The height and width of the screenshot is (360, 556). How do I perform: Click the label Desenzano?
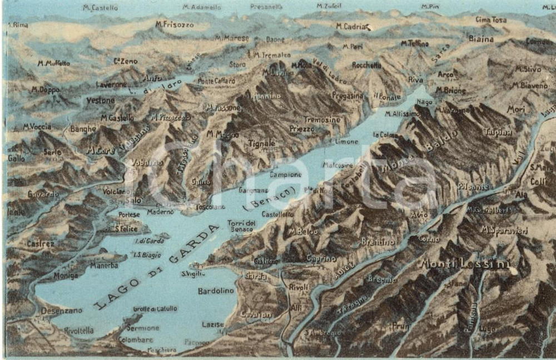[61, 311]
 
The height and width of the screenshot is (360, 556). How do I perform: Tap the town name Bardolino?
[216, 291]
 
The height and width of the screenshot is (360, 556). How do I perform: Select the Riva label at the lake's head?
[415, 79]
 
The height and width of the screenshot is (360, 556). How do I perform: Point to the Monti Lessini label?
[465, 264]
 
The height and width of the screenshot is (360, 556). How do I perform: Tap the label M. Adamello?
[202, 7]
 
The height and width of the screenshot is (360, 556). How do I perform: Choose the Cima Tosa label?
[491, 19]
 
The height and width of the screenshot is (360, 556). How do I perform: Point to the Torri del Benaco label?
[241, 225]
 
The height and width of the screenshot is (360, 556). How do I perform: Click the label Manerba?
[103, 265]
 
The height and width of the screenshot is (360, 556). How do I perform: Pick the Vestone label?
[101, 101]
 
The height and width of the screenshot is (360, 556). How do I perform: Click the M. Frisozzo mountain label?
[175, 24]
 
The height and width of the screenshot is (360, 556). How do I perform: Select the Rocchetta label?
[366, 65]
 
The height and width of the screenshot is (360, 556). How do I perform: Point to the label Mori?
[515, 110]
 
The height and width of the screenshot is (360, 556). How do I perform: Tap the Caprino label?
[321, 258]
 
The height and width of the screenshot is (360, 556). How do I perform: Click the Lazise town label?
[213, 324]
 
